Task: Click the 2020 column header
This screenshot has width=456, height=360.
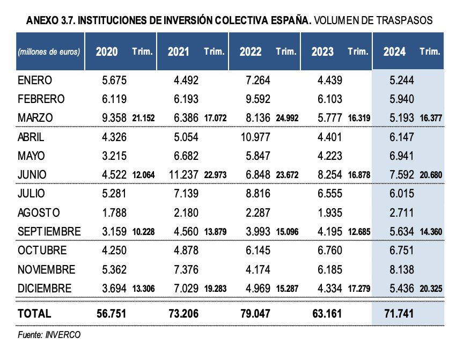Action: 106,52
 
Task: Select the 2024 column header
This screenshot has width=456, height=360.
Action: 394,52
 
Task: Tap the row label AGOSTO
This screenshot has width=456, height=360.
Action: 39,212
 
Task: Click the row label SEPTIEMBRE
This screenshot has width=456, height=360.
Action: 49,232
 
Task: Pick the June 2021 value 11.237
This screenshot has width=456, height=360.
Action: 183,174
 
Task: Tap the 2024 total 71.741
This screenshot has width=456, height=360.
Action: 398,313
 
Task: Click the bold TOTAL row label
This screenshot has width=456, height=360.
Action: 34,313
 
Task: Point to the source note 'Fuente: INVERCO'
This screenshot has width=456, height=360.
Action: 49,335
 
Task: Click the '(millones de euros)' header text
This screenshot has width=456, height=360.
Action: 49,52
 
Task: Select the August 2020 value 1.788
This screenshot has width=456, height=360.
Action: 114,212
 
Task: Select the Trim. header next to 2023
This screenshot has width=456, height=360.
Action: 358,52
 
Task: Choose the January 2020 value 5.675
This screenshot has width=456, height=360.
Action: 114,80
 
